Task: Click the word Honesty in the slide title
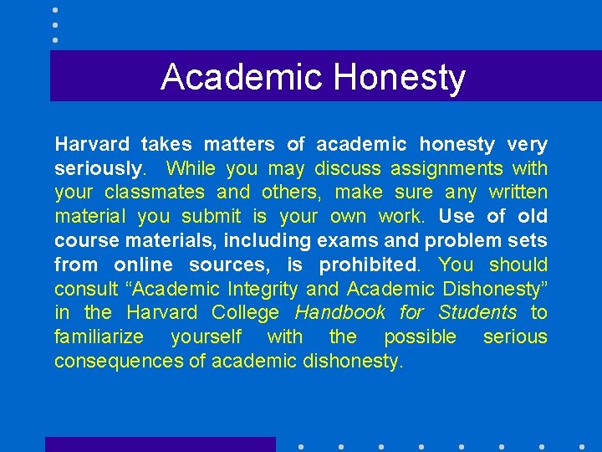tap(399, 77)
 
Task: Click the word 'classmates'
tap(155, 193)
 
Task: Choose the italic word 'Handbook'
tap(340, 313)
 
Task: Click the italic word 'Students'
tap(477, 313)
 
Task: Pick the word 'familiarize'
tap(99, 337)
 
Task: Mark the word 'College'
tap(246, 313)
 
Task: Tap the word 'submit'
tap(211, 217)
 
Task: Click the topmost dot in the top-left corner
tap(55, 9)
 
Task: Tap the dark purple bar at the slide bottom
tap(160, 444)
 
